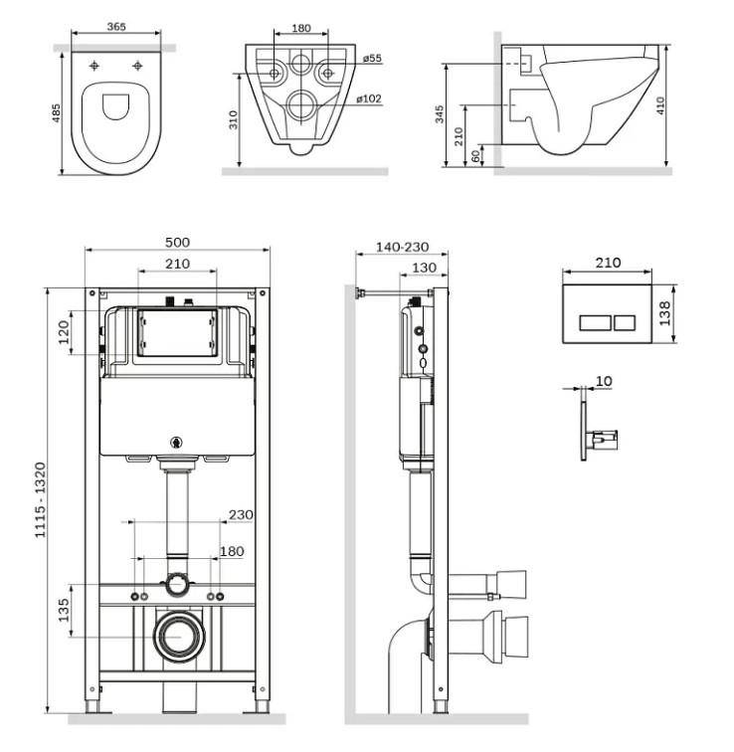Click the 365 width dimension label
[116, 27]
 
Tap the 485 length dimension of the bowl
[57, 113]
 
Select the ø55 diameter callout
[372, 59]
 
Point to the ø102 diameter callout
[369, 98]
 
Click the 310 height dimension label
[234, 120]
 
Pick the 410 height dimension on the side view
[660, 106]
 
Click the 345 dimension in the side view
[440, 114]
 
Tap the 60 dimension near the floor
[475, 156]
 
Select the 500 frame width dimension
[177, 242]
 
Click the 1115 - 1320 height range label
[40, 500]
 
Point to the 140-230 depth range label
[402, 247]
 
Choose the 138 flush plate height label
[665, 313]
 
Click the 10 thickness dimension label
[604, 381]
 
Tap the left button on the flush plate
[595, 323]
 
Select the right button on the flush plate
[625, 323]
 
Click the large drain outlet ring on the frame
[179, 637]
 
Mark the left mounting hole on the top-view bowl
[94, 66]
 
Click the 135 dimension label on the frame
[64, 610]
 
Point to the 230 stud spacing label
[241, 515]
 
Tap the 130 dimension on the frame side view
[425, 268]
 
